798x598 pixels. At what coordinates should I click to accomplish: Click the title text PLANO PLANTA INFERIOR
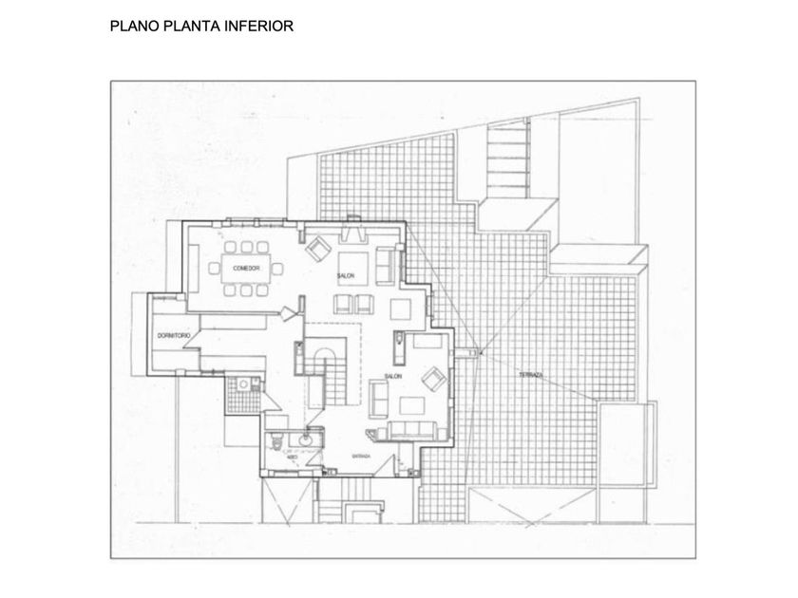point(202,26)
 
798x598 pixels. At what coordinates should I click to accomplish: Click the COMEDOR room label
point(246,269)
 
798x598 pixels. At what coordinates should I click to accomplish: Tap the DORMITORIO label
point(174,337)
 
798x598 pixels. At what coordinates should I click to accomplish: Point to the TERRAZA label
point(531,376)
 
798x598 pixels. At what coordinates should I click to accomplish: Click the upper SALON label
point(345,276)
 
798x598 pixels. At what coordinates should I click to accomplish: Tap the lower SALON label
point(394,377)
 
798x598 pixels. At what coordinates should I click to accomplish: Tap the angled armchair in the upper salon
point(316,248)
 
